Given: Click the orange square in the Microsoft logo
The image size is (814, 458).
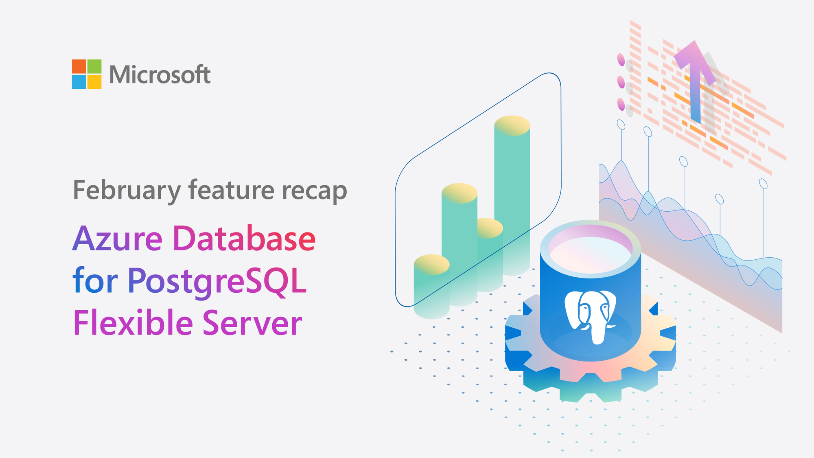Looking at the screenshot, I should point(79,66).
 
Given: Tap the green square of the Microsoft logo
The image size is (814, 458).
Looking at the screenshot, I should point(94,66).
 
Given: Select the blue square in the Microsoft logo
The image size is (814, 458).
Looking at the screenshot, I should point(79,82).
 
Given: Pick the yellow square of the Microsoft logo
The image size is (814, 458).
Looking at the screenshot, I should point(94,82).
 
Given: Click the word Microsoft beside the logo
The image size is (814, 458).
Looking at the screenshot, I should point(160,75).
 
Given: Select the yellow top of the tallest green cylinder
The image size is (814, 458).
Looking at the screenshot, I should point(512,125).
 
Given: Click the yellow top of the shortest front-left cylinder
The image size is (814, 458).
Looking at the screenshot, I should point(431,265).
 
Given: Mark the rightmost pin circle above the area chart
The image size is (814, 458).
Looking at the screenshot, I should point(764,184).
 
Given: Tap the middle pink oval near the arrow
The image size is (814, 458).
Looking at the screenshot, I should point(621,82).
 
